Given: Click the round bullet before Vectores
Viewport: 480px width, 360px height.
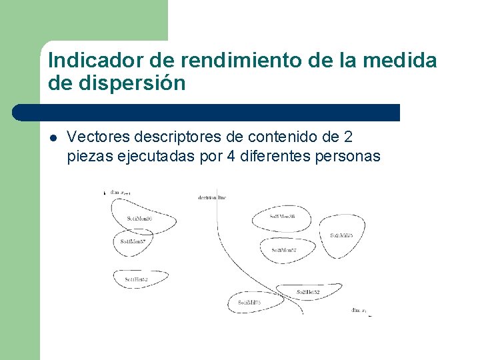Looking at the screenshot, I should (53, 138).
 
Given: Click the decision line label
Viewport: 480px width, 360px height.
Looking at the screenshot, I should (212, 197).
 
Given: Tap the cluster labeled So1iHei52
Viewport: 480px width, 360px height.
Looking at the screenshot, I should (136, 279).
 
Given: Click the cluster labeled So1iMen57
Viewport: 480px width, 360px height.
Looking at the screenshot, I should (133, 241).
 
